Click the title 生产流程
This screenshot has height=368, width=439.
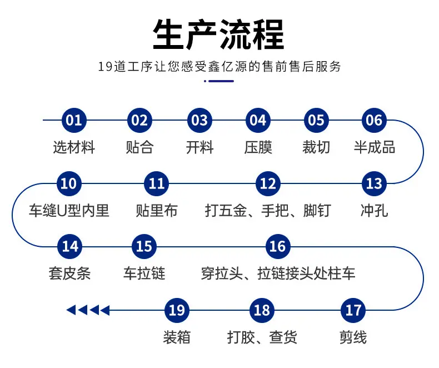click(x=218, y=34)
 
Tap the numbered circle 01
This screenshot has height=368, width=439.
click(x=74, y=120)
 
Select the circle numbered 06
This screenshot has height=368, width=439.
click(x=374, y=120)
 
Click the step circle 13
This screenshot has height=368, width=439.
click(x=374, y=183)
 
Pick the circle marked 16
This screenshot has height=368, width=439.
click(x=278, y=247)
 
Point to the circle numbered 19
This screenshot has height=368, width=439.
click(x=177, y=310)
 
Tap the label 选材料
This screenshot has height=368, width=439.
click(x=74, y=147)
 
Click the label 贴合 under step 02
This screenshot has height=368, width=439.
click(x=139, y=147)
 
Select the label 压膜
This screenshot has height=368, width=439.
click(x=258, y=147)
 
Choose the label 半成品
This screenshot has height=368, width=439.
click(x=375, y=147)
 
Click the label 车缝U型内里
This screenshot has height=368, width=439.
click(x=69, y=211)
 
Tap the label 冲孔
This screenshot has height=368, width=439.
click(x=375, y=211)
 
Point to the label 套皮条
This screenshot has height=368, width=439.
click(x=69, y=273)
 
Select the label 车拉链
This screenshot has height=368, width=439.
click(x=144, y=273)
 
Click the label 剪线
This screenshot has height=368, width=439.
click(x=353, y=337)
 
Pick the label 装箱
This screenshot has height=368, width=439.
click(x=177, y=337)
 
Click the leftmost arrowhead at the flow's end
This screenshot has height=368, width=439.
click(x=71, y=310)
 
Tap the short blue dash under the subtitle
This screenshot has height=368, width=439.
click(x=221, y=81)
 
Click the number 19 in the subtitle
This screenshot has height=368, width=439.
click(x=105, y=67)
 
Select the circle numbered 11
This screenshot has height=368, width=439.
click(x=157, y=183)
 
